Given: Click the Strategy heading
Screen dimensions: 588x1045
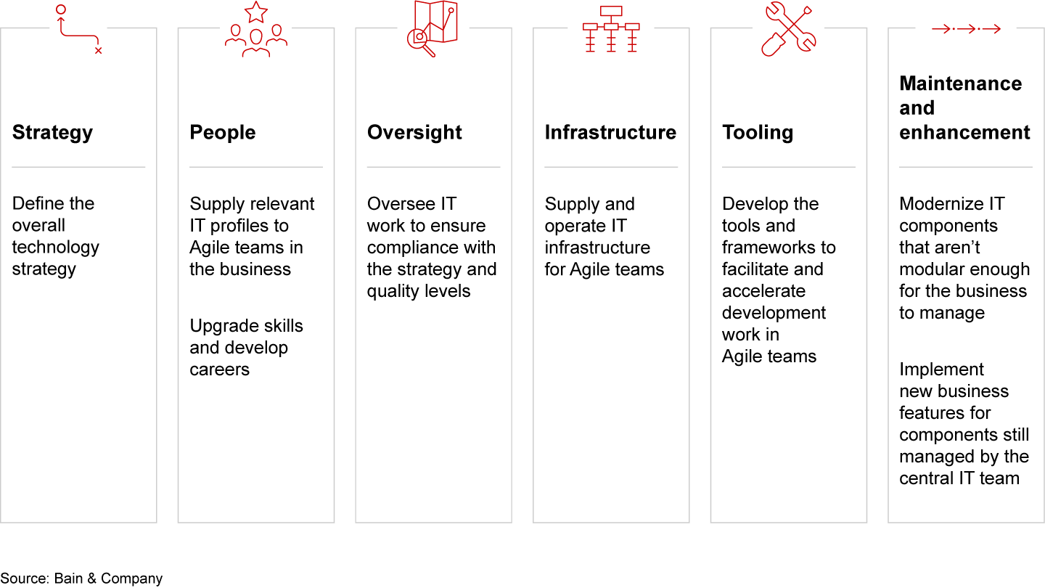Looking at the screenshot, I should click(52, 133).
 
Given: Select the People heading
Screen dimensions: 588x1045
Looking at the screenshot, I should click(223, 133).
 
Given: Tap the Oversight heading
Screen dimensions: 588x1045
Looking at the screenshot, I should click(414, 133).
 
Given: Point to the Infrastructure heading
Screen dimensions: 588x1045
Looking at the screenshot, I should click(610, 133).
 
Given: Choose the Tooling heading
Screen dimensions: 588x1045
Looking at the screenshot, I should click(758, 133).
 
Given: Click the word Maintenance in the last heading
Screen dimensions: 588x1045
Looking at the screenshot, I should click(960, 84).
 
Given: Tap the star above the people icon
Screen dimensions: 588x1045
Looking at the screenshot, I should click(256, 12).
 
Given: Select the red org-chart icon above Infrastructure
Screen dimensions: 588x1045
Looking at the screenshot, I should click(611, 29).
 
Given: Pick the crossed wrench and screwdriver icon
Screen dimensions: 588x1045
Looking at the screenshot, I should click(789, 29).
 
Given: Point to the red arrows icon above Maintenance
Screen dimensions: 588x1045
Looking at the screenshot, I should click(967, 29).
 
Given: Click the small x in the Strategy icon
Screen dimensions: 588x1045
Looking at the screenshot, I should click(98, 51).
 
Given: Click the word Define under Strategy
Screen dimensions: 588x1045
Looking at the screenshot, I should click(33, 204).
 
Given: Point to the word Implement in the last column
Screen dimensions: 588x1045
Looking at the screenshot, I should click(941, 369).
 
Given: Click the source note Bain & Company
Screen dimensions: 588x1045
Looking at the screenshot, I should click(107, 579).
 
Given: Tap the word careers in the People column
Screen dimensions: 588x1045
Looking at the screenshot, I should click(219, 369).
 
